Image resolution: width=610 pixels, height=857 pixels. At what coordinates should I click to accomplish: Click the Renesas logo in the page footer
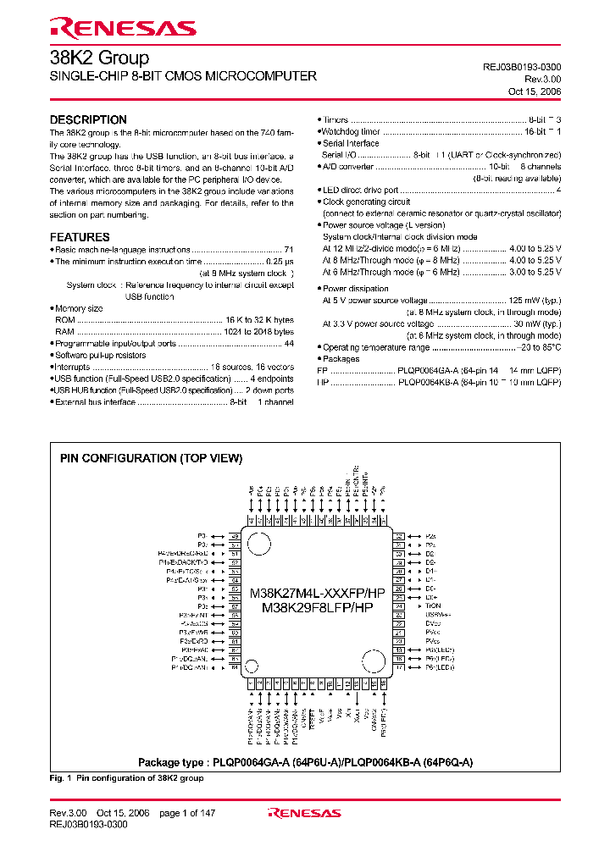pyautogui.click(x=304, y=813)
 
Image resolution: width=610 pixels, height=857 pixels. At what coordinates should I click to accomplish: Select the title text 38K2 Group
pyautogui.click(x=99, y=58)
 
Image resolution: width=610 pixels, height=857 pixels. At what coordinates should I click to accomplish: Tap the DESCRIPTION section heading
pyautogui.click(x=88, y=119)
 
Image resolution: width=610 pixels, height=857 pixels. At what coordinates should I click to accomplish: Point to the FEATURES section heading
pyautogui.click(x=80, y=237)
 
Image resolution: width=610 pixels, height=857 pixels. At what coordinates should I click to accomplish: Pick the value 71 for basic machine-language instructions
pyautogui.click(x=288, y=251)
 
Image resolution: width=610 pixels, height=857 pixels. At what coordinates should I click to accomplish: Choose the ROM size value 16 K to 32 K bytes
pyautogui.click(x=259, y=320)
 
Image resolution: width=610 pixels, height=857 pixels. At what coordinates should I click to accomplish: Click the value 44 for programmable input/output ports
pyautogui.click(x=288, y=344)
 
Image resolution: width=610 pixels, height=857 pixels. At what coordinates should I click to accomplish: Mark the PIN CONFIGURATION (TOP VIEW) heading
pyautogui.click(x=151, y=458)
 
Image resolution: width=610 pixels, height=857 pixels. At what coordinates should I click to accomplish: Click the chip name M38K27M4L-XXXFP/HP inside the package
pyautogui.click(x=317, y=594)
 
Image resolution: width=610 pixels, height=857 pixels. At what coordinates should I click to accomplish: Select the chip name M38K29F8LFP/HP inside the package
pyautogui.click(x=317, y=608)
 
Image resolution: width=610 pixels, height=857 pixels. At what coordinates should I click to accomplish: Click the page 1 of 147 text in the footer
pyautogui.click(x=187, y=813)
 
